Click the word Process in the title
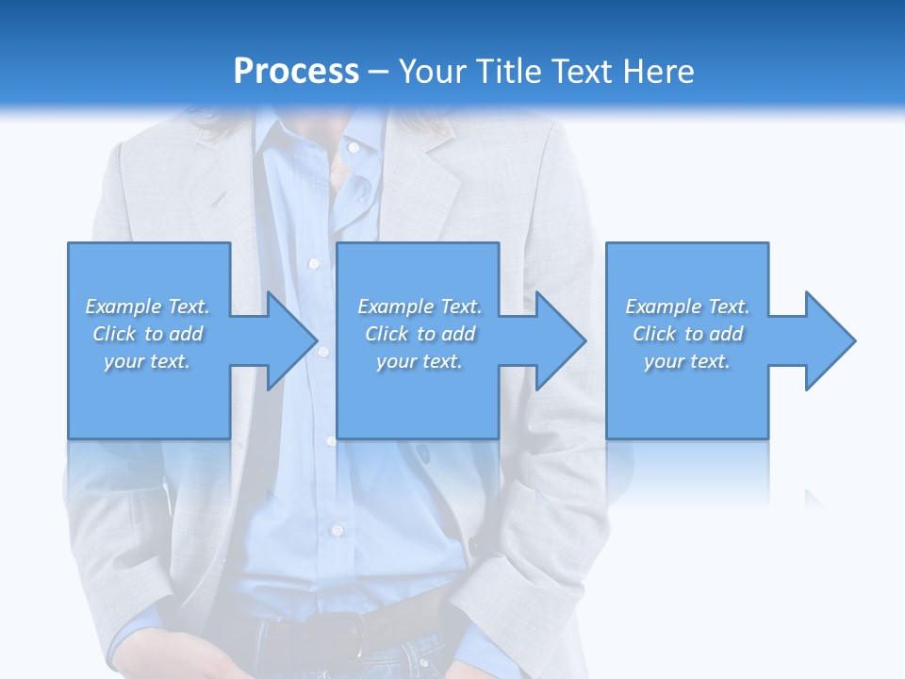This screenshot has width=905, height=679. pyautogui.click(x=296, y=72)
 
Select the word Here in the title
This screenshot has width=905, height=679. pyautogui.click(x=656, y=72)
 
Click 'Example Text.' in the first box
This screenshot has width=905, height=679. pyautogui.click(x=147, y=306)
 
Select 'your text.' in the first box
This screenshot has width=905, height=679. pyautogui.click(x=147, y=361)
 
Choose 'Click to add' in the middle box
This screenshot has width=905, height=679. pyautogui.click(x=420, y=334)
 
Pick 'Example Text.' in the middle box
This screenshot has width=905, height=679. pyautogui.click(x=420, y=306)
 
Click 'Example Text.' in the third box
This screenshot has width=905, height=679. pyautogui.click(x=687, y=306)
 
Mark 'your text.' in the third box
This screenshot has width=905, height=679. pyautogui.click(x=687, y=361)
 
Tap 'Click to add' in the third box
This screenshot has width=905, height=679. pyautogui.click(x=687, y=334)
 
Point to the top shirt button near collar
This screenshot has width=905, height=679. pyautogui.click(x=354, y=148)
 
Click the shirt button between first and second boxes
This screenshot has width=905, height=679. pyautogui.click(x=323, y=351)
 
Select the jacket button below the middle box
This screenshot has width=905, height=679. pyautogui.click(x=421, y=454)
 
